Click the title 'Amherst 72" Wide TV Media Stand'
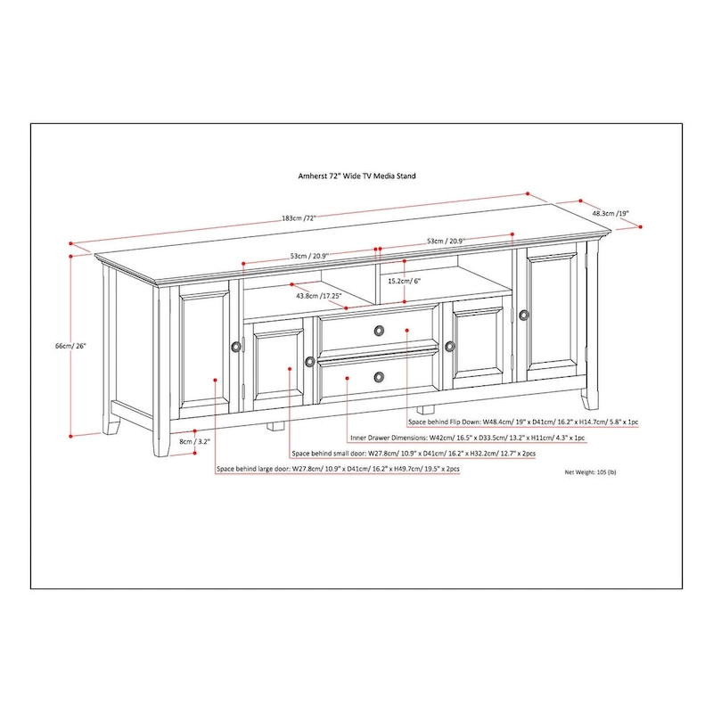point(356,176)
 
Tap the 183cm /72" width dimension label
point(274,218)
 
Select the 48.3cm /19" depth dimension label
point(610,214)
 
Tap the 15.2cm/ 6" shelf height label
point(404,281)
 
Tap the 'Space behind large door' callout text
point(338,470)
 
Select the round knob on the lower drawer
point(381,376)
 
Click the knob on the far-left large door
point(235,346)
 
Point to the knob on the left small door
point(309,361)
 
